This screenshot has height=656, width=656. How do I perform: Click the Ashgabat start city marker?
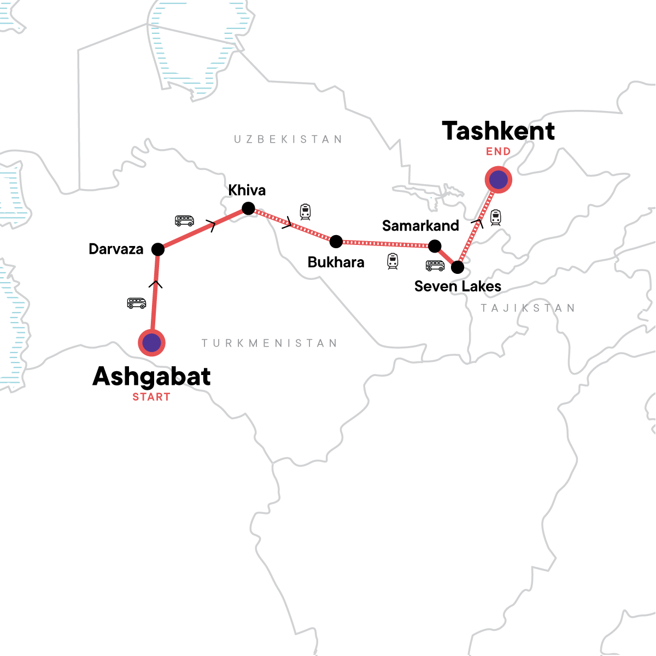[x=151, y=343]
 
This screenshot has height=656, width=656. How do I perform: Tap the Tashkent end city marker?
[x=498, y=179]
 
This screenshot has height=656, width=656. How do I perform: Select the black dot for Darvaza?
[x=157, y=250]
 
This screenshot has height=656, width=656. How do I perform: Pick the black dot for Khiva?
[x=248, y=208]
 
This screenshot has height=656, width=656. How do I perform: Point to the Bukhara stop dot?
[x=336, y=242]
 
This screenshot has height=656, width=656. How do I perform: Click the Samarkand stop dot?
[x=435, y=247]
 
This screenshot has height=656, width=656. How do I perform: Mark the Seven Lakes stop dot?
[x=458, y=267]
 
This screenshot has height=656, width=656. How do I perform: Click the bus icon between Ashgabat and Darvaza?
[x=137, y=303]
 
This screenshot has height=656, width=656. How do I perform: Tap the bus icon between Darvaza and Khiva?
[x=184, y=220]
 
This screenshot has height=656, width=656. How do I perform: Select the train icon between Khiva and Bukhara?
[x=305, y=212]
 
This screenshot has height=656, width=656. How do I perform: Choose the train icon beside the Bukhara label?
[x=393, y=261]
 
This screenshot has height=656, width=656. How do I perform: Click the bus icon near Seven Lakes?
[x=435, y=266]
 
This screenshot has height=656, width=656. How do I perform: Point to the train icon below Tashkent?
[x=495, y=218]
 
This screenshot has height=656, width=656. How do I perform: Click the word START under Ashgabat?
[x=151, y=397]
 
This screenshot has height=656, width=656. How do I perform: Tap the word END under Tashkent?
[x=498, y=151]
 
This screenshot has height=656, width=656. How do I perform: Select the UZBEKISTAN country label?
[x=288, y=139]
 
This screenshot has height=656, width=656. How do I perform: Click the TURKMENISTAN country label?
[x=270, y=343]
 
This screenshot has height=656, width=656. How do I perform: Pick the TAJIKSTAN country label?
[x=528, y=308]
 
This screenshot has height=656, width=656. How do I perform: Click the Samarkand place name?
[x=420, y=226]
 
